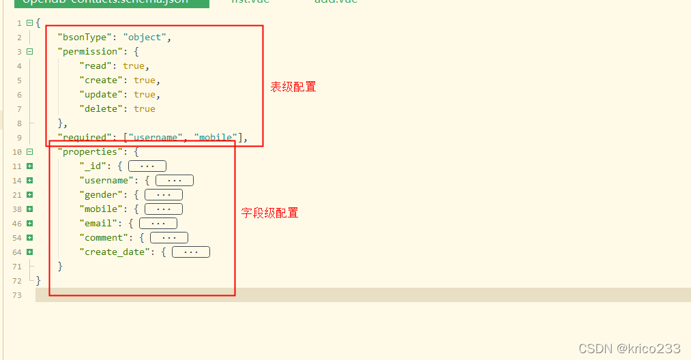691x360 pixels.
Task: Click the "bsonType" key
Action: click(83, 37)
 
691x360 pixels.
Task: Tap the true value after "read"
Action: click(134, 66)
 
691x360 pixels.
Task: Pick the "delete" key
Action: click(102, 109)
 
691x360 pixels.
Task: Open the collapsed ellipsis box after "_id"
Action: click(147, 166)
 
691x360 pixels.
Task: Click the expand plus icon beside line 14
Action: click(29, 181)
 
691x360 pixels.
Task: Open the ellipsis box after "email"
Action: click(158, 224)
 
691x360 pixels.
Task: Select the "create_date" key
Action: click(117, 252)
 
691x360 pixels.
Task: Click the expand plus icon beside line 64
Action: click(29, 252)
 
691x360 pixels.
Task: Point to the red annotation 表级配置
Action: click(293, 87)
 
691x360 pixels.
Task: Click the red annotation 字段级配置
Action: click(270, 213)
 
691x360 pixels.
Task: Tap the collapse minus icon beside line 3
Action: click(29, 52)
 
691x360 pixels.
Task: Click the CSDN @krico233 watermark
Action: click(629, 348)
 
